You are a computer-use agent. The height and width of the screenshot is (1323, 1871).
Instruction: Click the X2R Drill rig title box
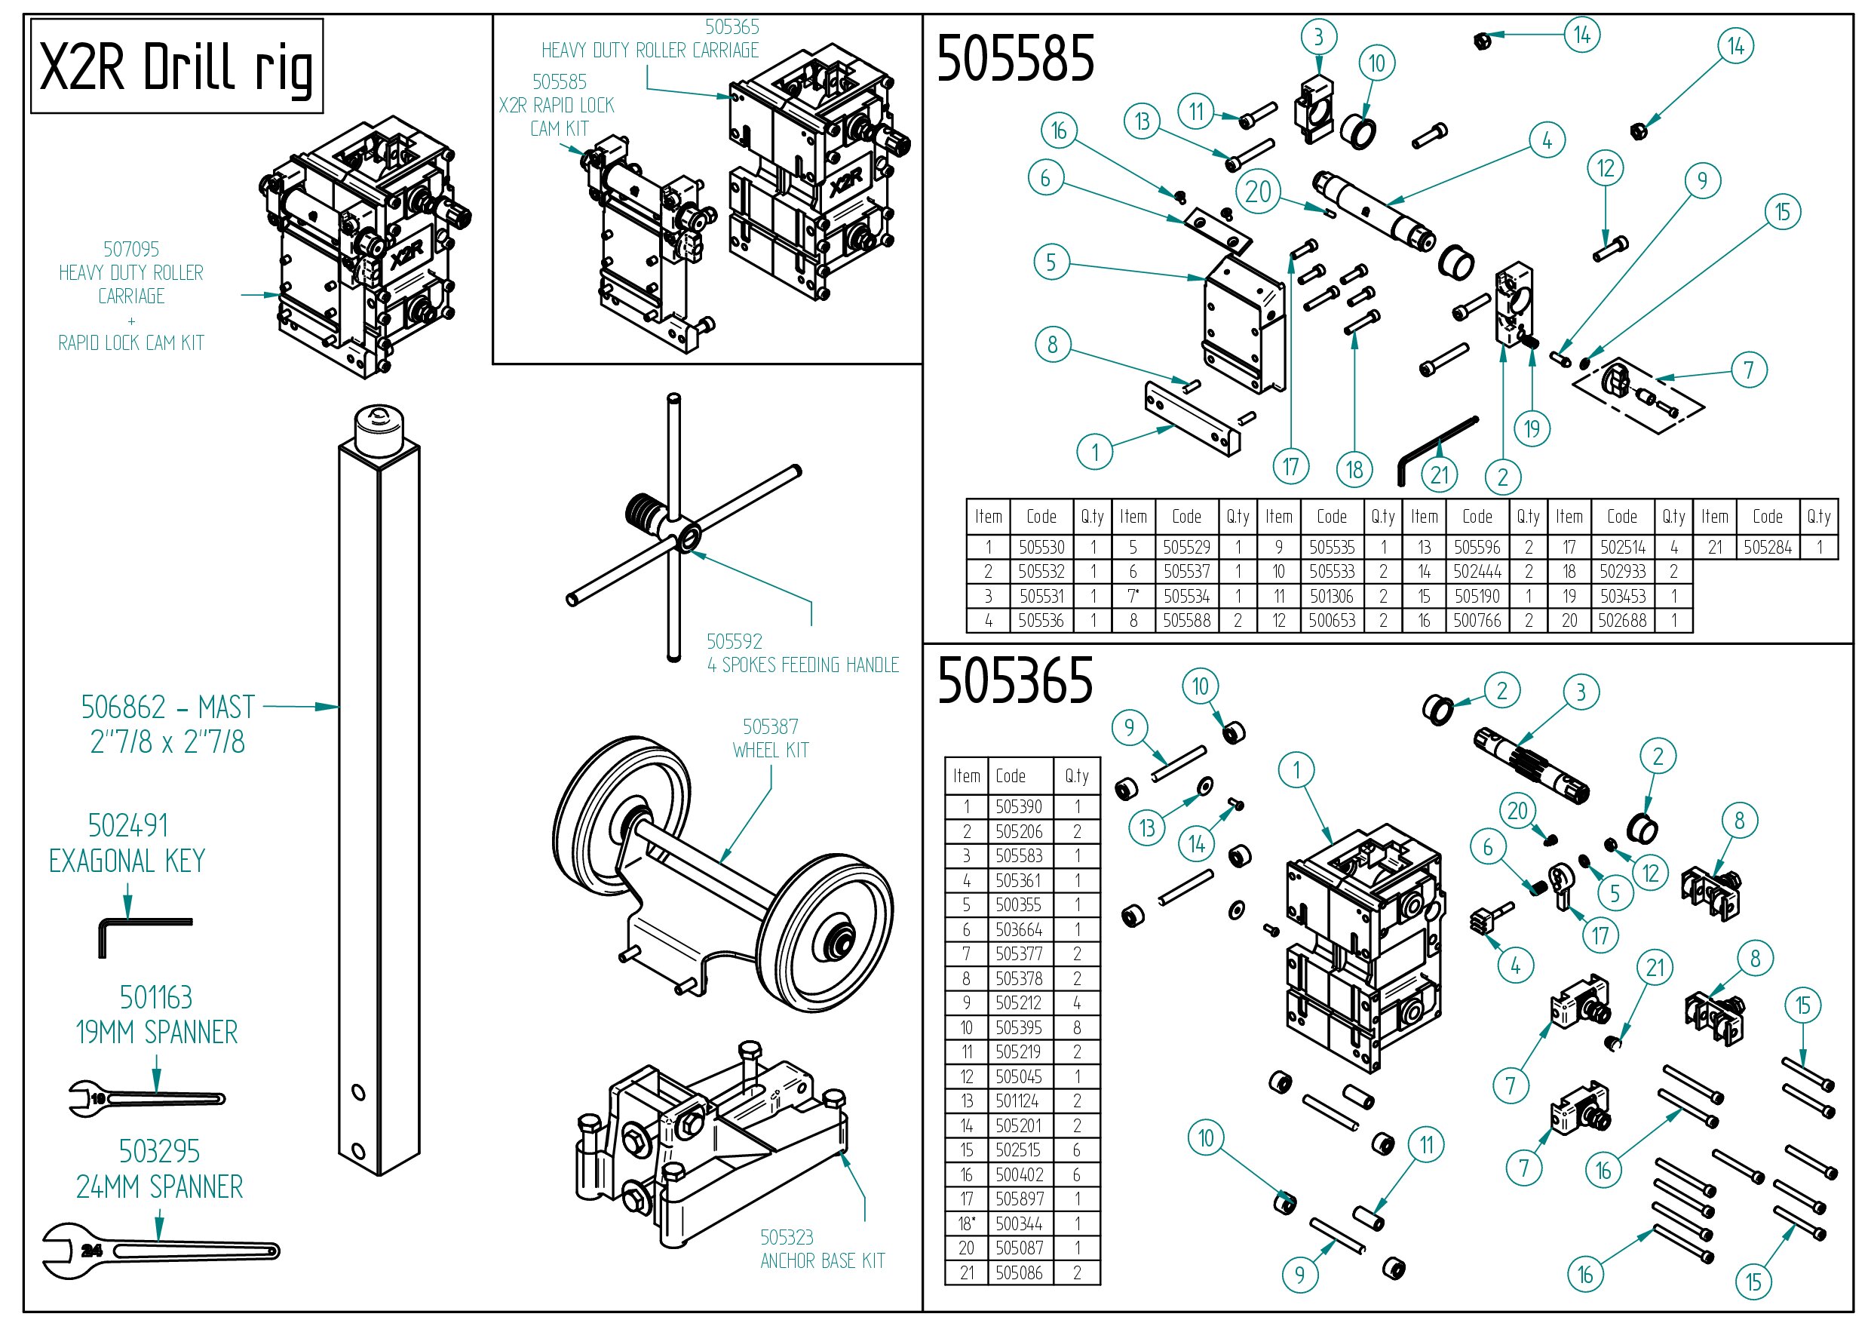tap(176, 66)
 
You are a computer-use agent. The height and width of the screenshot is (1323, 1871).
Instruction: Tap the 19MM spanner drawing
tap(147, 1098)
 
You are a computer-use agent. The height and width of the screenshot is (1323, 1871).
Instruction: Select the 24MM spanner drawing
tap(160, 1250)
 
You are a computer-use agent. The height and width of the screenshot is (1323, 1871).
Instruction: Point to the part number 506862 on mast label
tap(122, 707)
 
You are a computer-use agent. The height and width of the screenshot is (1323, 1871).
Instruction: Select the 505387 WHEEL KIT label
tap(770, 738)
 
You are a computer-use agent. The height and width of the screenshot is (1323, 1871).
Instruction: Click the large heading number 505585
tap(1014, 59)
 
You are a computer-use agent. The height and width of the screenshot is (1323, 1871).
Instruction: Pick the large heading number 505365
tap(1014, 680)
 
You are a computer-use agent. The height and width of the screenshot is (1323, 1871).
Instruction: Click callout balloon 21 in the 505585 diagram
tap(1439, 474)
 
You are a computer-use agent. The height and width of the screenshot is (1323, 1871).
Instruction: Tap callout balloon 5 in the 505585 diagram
tap(1051, 262)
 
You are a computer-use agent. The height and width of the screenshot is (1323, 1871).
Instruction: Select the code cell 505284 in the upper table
tap(1767, 547)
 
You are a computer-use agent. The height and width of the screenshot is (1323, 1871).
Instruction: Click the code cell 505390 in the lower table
tap(1018, 806)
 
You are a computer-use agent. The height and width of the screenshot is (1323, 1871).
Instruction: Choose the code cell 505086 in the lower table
tap(1018, 1272)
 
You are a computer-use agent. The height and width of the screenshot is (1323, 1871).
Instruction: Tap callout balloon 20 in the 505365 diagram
tap(1517, 810)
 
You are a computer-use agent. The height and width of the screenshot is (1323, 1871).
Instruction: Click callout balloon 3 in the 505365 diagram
tap(1581, 692)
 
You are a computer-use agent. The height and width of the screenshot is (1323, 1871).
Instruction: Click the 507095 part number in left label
tap(130, 249)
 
